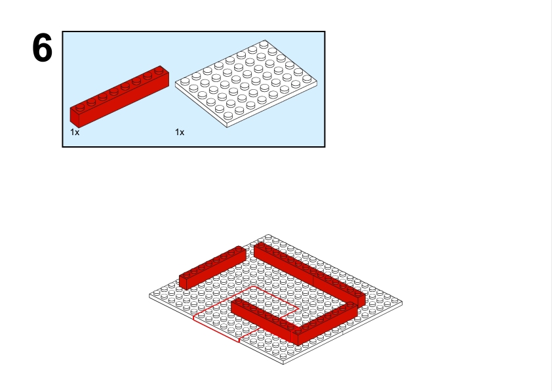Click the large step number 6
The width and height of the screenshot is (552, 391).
pos(42,47)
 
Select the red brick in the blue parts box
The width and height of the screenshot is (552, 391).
pos(119,96)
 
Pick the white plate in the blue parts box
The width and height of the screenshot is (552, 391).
pos(246,83)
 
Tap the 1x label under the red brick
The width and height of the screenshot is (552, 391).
pos(75,132)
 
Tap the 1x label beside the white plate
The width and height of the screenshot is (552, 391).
pos(180,132)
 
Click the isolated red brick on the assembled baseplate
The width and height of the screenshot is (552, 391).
pos(212,268)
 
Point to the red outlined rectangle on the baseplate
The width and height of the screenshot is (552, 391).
pos(246,314)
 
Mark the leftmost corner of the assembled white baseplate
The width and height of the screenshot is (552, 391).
pos(149,297)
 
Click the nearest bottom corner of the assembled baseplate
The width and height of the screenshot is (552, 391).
pos(284,364)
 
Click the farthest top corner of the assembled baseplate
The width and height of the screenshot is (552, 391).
pos(267,235)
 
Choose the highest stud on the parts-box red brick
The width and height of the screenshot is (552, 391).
pos(159,70)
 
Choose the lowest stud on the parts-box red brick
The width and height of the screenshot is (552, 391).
pos(80,108)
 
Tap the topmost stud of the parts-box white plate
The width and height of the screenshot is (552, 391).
pos(264,45)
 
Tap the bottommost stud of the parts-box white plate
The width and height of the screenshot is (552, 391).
pos(228,115)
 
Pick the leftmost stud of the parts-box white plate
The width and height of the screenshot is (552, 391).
pos(185,82)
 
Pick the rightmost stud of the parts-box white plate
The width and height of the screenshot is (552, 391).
pos(307,79)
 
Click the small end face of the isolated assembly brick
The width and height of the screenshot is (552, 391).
pos(183,282)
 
